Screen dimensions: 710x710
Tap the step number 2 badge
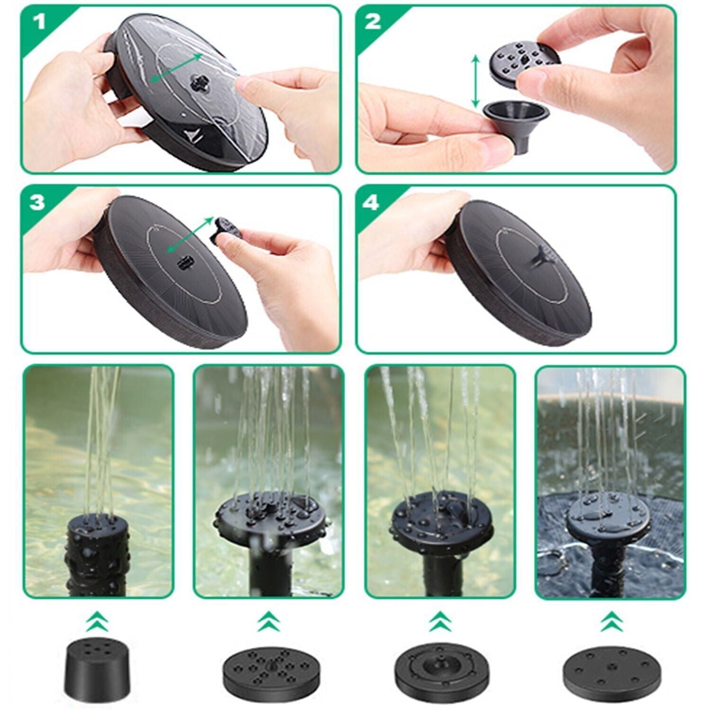(x=373, y=21)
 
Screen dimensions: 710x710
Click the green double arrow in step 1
(x=176, y=68)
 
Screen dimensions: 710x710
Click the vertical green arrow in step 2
(x=476, y=80)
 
